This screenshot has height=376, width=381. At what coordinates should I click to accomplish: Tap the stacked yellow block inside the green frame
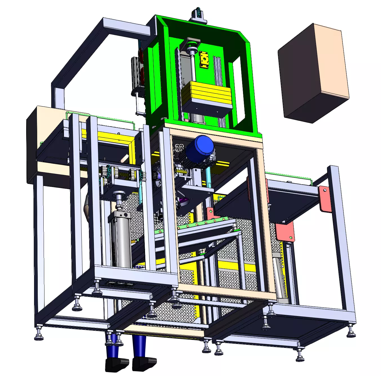click(206, 93)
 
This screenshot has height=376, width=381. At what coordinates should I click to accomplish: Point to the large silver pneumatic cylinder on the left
click(120, 239)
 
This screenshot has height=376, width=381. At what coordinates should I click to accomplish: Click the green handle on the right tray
click(287, 176)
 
